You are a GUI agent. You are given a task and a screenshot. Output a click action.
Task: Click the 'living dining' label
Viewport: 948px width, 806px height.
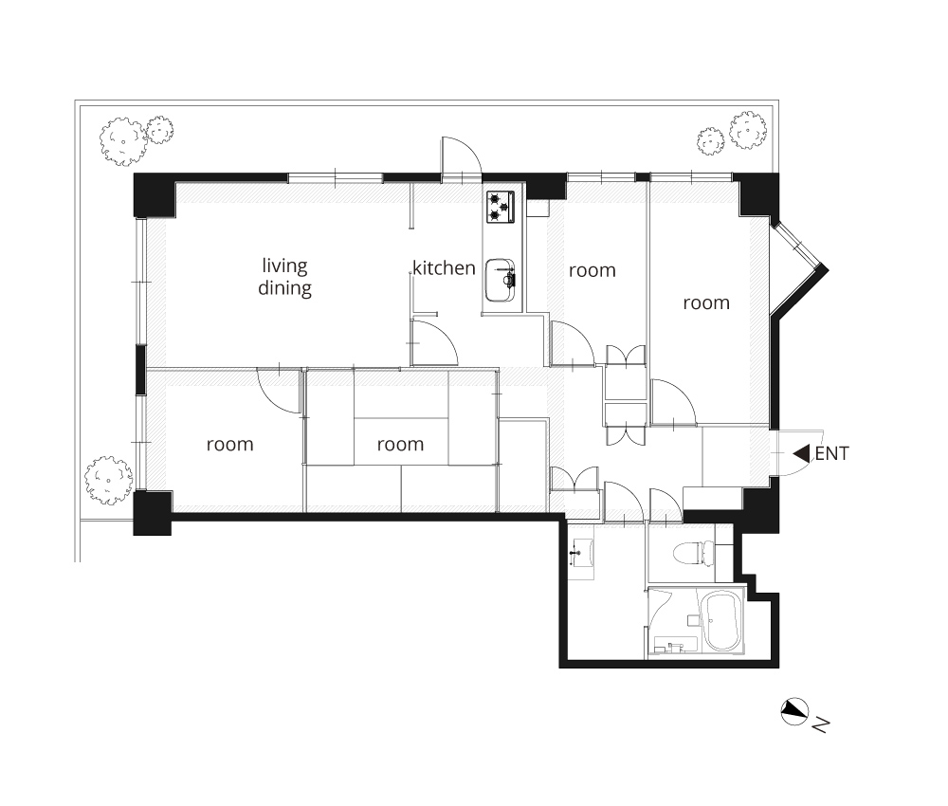[x=284, y=276]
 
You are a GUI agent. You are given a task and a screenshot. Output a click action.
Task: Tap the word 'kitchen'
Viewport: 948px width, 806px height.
[x=444, y=267]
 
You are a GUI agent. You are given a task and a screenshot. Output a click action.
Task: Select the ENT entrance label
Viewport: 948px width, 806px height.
[x=832, y=453]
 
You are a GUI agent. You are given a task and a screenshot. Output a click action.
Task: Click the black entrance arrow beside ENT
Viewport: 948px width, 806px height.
[x=801, y=453]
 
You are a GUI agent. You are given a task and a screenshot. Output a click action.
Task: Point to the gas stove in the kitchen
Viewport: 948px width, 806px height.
[x=501, y=207]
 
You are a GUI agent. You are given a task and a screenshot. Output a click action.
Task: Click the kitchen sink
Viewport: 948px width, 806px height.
[x=500, y=280]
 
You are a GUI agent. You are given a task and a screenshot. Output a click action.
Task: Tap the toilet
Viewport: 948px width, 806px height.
[x=694, y=552]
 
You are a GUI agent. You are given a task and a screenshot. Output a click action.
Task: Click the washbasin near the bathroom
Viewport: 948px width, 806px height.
[x=581, y=552]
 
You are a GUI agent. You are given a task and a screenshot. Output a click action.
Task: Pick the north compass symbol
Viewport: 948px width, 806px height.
[x=794, y=712]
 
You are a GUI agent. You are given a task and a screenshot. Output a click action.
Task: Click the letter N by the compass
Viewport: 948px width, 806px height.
[x=820, y=724]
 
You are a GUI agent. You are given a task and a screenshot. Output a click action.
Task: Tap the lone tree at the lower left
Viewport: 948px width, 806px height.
[x=108, y=480]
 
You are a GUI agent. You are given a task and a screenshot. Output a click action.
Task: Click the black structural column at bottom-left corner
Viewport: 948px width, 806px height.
[x=153, y=513]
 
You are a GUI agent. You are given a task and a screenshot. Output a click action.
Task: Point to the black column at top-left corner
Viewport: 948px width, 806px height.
[x=155, y=195]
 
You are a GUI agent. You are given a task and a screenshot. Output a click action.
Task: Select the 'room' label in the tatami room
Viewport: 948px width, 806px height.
[x=400, y=445]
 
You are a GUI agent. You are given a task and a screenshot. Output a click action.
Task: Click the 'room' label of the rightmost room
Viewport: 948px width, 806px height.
[x=706, y=302]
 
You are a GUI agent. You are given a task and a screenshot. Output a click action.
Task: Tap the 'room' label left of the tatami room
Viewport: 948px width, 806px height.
[x=229, y=445]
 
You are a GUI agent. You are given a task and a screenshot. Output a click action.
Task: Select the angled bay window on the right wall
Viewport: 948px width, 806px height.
[x=798, y=269]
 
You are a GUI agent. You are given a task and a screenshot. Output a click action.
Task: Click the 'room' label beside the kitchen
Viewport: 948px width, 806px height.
[x=592, y=270]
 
